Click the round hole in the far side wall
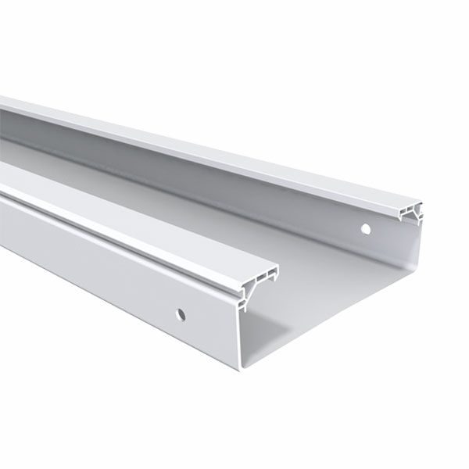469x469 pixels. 365,230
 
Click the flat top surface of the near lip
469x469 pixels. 117,227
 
